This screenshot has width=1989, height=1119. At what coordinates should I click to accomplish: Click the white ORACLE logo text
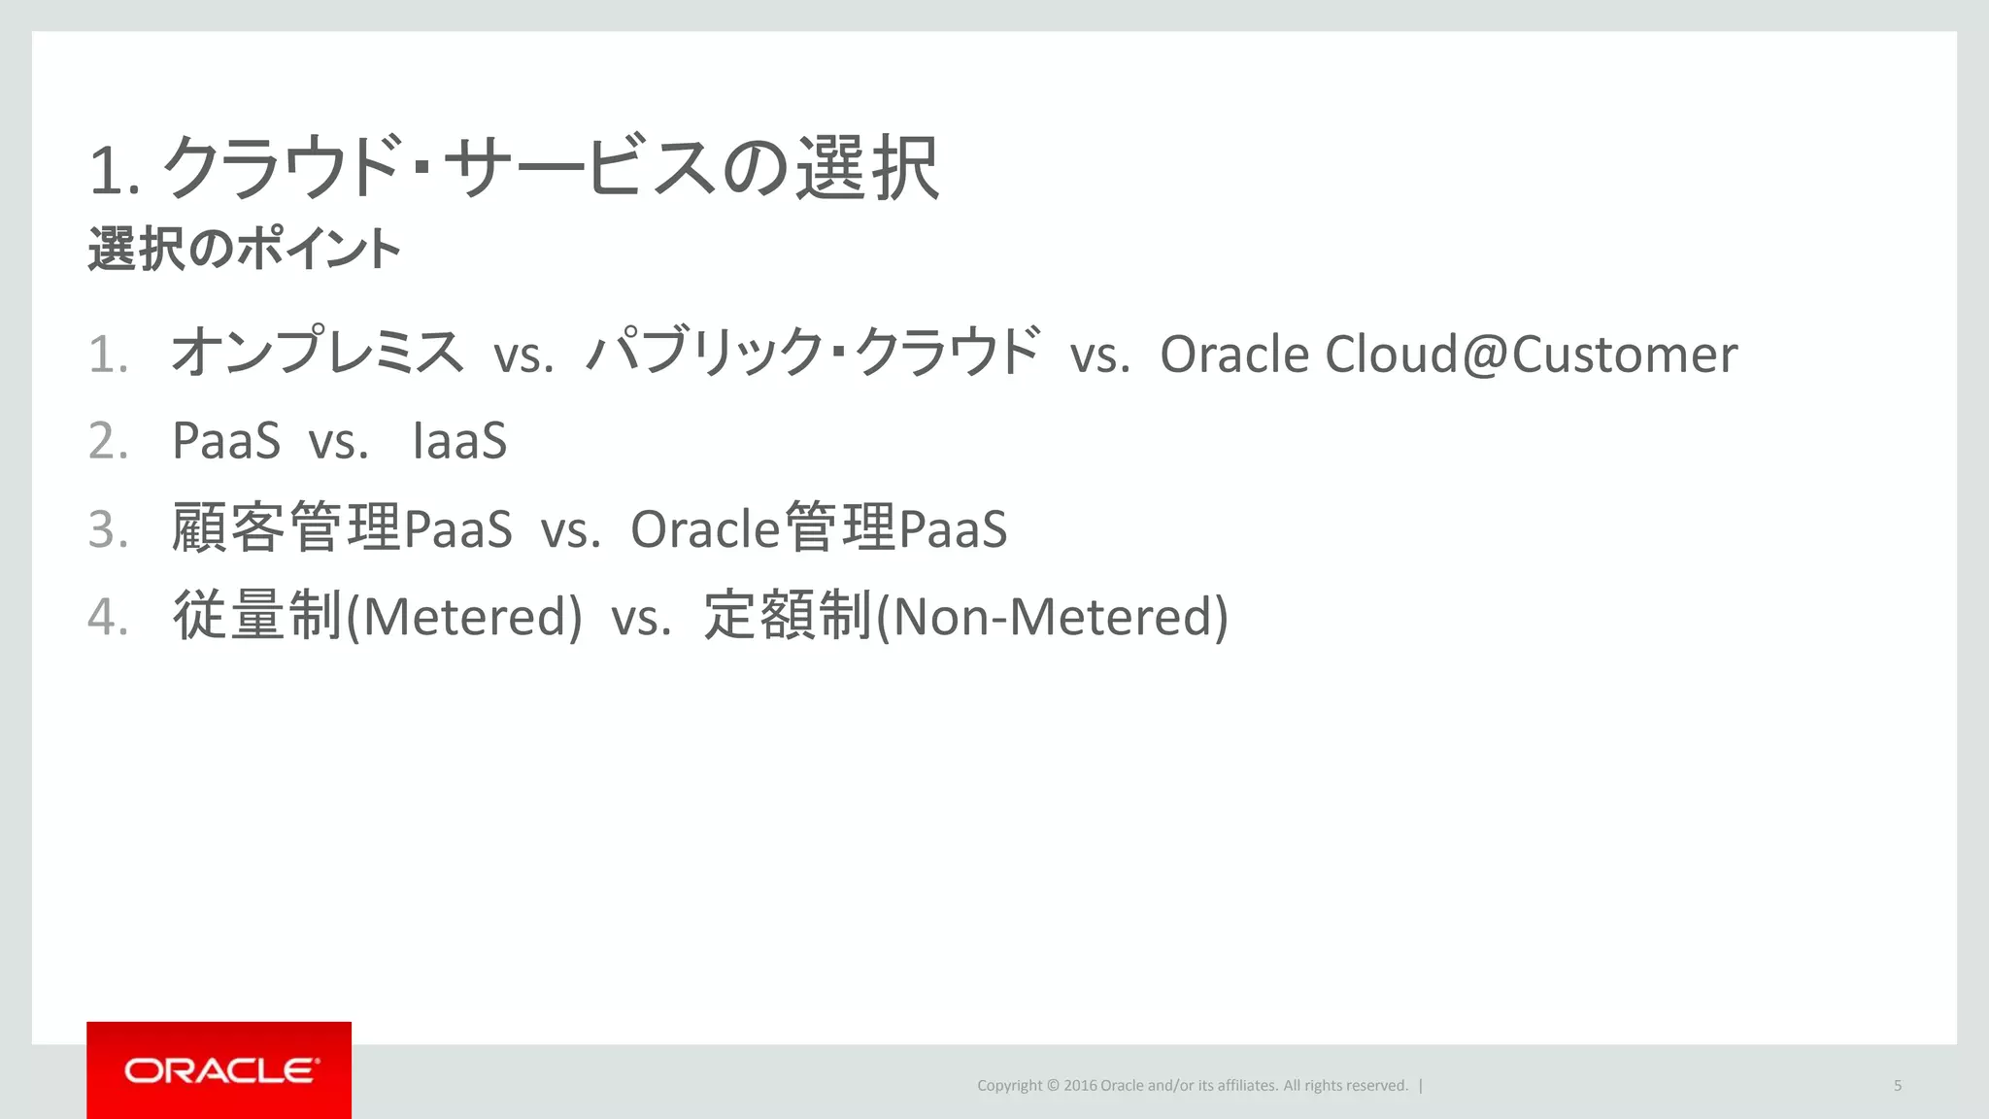(x=220, y=1070)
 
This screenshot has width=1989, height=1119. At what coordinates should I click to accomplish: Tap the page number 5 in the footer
(x=1897, y=1085)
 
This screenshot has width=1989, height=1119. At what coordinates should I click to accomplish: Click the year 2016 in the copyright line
(x=1080, y=1085)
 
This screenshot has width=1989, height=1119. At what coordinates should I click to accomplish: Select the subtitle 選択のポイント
(x=244, y=249)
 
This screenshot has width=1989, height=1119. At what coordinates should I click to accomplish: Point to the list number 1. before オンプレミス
(x=108, y=354)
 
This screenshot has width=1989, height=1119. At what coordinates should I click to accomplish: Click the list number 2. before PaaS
(x=108, y=441)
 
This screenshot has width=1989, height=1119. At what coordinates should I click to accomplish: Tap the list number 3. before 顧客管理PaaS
(x=108, y=529)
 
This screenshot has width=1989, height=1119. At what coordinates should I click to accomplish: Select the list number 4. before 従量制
(x=108, y=617)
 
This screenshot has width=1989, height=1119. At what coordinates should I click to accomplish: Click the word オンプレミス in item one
(x=318, y=352)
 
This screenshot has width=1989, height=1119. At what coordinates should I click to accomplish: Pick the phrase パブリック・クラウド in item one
(x=814, y=352)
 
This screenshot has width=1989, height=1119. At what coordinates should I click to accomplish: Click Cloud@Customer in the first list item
(x=1531, y=354)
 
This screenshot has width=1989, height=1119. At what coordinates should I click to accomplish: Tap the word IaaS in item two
(x=459, y=441)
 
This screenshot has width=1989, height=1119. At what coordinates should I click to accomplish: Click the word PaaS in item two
(x=226, y=441)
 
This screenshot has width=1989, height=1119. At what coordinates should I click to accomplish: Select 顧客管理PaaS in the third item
(x=342, y=528)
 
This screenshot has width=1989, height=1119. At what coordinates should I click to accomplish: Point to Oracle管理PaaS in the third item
(x=819, y=528)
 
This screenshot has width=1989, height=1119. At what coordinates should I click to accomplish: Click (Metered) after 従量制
(x=464, y=617)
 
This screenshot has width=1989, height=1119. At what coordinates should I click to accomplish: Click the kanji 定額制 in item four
(x=788, y=616)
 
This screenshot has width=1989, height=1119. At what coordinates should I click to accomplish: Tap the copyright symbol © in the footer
(x=1053, y=1085)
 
